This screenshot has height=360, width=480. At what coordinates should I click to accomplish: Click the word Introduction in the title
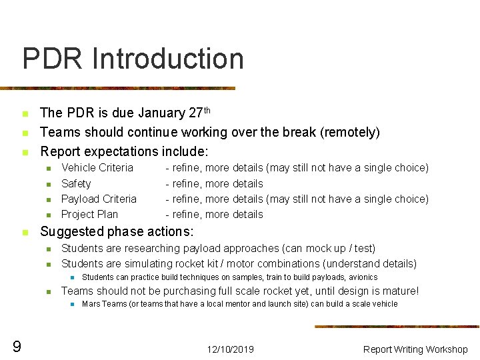(x=169, y=59)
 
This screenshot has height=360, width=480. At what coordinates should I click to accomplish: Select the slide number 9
(x=17, y=346)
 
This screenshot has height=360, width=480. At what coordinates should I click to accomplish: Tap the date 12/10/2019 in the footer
(x=230, y=349)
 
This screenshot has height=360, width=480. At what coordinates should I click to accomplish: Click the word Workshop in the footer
(x=446, y=349)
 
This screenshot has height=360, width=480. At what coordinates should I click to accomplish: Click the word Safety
(x=76, y=183)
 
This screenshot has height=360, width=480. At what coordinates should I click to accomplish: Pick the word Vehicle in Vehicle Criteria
(x=78, y=168)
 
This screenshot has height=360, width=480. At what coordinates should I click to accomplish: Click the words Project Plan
(x=89, y=214)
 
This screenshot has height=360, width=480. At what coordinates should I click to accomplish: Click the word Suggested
(x=72, y=232)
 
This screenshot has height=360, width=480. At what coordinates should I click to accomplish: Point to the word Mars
(x=91, y=304)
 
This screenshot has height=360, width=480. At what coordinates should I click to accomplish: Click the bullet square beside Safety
(x=48, y=184)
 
